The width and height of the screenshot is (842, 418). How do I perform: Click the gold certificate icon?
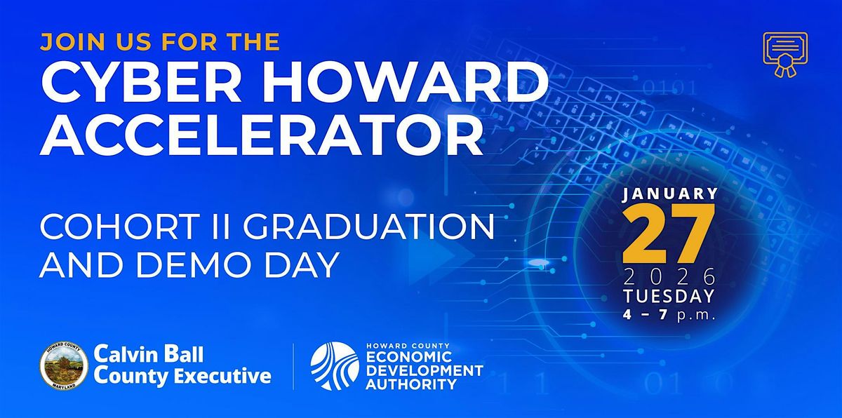tap(784, 54)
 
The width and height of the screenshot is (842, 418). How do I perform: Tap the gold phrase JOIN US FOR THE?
tap(161, 41)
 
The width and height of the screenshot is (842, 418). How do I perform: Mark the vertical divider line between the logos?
tap(293, 366)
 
